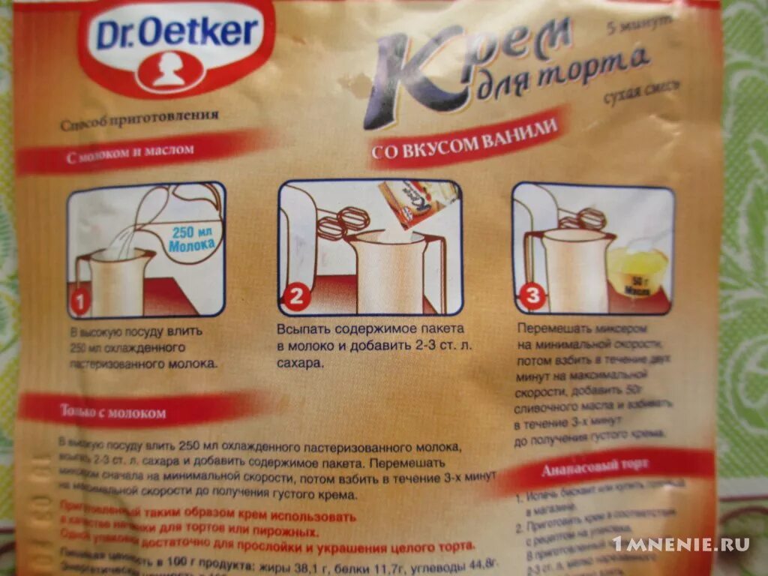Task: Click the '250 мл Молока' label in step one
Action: [193, 238]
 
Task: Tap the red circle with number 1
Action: [81, 302]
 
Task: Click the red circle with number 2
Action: [295, 297]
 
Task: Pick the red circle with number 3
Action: [532, 297]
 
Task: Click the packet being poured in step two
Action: [409, 202]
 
